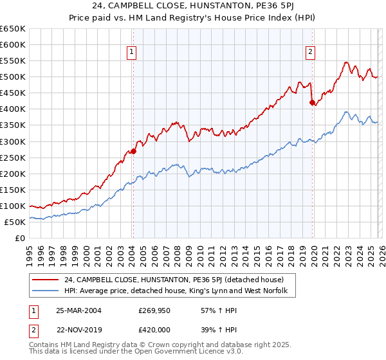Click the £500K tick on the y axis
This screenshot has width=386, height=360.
(12, 77)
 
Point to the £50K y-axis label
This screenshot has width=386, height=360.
(14, 222)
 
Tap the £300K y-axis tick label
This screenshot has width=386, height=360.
(12, 141)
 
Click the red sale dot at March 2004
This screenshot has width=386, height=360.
(133, 151)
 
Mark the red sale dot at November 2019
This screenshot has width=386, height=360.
(312, 102)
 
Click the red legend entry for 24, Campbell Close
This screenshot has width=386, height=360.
(179, 280)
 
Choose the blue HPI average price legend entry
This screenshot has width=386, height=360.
(179, 291)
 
